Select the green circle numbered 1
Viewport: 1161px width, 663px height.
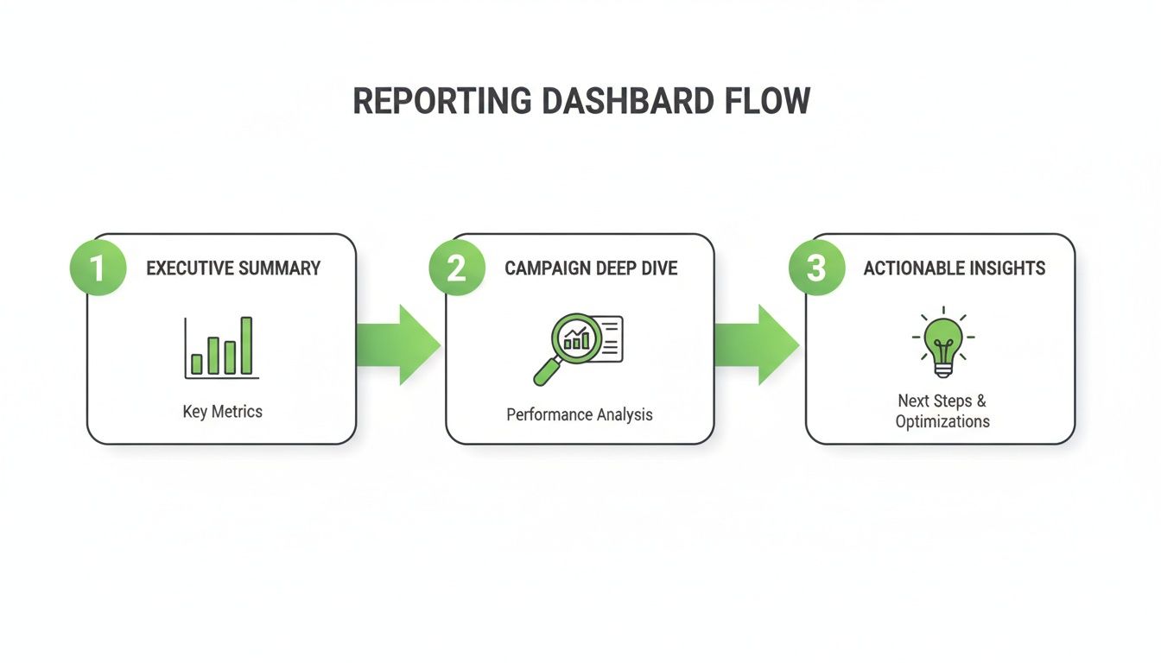98,268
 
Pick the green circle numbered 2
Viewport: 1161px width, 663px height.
457,268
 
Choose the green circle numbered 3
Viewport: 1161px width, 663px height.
816,268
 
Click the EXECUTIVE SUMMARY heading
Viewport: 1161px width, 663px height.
233,268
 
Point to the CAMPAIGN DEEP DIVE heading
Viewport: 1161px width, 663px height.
591,268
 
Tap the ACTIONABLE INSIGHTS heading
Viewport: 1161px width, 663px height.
954,268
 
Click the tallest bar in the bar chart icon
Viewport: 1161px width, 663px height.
246,345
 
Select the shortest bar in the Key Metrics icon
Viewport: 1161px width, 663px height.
196,363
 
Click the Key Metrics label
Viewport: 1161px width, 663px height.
222,412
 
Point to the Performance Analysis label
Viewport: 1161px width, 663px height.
580,415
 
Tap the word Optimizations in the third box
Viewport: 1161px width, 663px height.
942,422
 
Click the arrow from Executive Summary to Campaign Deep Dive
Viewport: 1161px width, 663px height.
398,344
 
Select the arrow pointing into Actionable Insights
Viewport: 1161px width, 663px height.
757,344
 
